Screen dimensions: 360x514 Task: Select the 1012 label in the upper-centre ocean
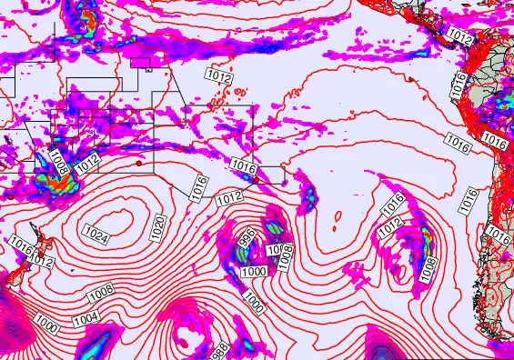pos(218,76)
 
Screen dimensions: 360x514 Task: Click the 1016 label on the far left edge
pos(22,244)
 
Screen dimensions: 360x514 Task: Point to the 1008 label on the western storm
pos(59,162)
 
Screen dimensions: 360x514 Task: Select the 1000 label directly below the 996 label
pos(255,272)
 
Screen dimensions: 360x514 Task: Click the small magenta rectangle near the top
pos(142,63)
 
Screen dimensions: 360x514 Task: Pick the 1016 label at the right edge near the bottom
pos(499,234)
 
